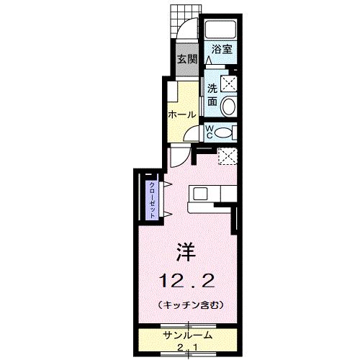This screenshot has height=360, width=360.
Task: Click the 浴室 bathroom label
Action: [222, 50]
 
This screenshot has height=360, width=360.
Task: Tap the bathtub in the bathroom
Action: [221, 30]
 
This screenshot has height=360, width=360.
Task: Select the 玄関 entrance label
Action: [187, 59]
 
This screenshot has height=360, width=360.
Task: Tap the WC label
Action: [210, 131]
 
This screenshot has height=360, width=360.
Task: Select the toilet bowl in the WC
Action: [225, 131]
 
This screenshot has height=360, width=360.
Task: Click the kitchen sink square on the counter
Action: [199, 193]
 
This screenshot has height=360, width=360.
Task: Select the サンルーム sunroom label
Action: [186, 336]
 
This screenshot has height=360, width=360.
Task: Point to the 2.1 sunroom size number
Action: [186, 348]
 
